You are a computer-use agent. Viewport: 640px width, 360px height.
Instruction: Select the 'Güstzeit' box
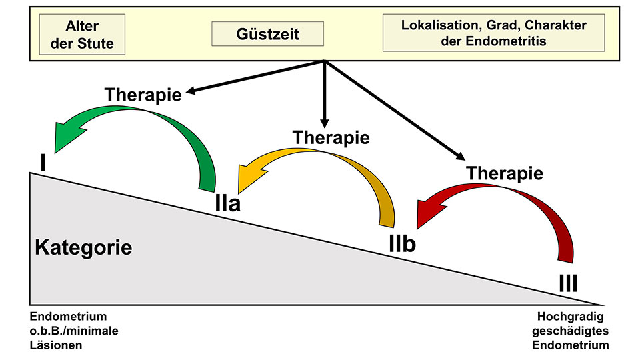point(267,33)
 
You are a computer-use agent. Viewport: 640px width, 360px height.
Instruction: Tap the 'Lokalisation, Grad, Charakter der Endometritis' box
point(493,33)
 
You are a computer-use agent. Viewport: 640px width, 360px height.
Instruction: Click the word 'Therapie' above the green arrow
point(143,95)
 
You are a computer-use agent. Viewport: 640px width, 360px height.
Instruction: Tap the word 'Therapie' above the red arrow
point(505,173)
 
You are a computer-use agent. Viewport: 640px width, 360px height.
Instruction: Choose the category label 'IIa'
point(227,202)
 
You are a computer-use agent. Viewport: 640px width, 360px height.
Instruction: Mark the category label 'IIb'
point(402,244)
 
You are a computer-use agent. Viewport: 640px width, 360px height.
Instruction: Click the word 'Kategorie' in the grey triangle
point(83,248)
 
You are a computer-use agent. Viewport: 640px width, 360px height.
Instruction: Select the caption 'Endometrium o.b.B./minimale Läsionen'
point(69,331)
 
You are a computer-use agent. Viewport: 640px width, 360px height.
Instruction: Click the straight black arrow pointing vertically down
point(324,93)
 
